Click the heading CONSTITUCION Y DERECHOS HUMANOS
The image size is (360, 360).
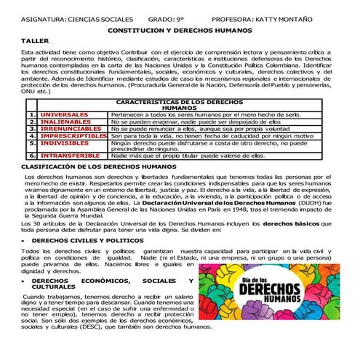(180, 31)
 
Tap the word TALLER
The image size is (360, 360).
(35, 41)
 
